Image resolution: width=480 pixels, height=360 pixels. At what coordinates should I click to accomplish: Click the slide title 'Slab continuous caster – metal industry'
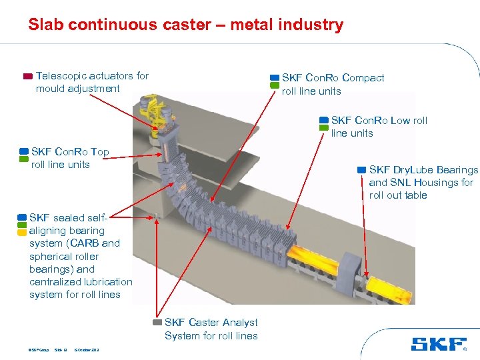(x=185, y=25)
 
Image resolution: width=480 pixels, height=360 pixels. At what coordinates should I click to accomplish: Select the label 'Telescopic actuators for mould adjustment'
(x=92, y=82)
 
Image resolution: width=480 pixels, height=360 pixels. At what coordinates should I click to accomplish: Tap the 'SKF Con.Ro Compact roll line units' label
(x=333, y=84)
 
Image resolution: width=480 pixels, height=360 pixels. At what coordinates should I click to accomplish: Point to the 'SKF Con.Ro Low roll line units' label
(x=379, y=127)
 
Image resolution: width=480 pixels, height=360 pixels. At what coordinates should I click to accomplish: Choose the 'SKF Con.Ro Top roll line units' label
(x=69, y=158)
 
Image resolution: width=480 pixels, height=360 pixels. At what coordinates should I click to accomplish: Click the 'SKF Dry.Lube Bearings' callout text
(x=423, y=170)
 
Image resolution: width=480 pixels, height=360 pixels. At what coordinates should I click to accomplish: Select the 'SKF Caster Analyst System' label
(x=211, y=329)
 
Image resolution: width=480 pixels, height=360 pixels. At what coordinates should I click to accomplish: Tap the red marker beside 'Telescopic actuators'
(x=27, y=76)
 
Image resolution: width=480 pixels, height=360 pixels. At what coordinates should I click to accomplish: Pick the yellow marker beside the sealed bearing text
(x=22, y=233)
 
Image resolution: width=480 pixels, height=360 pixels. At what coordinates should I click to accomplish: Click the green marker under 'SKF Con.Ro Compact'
(x=274, y=86)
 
